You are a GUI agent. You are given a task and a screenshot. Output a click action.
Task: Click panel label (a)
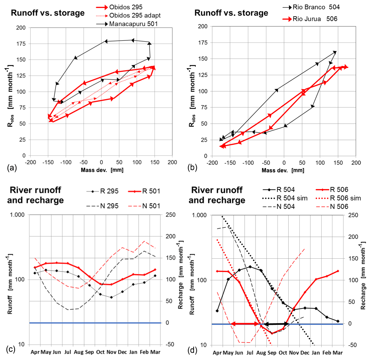[x=11, y=168]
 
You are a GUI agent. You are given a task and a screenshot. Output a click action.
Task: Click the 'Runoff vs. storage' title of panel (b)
[x=231, y=13]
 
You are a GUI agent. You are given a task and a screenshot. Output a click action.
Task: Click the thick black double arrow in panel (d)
[x=276, y=324]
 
